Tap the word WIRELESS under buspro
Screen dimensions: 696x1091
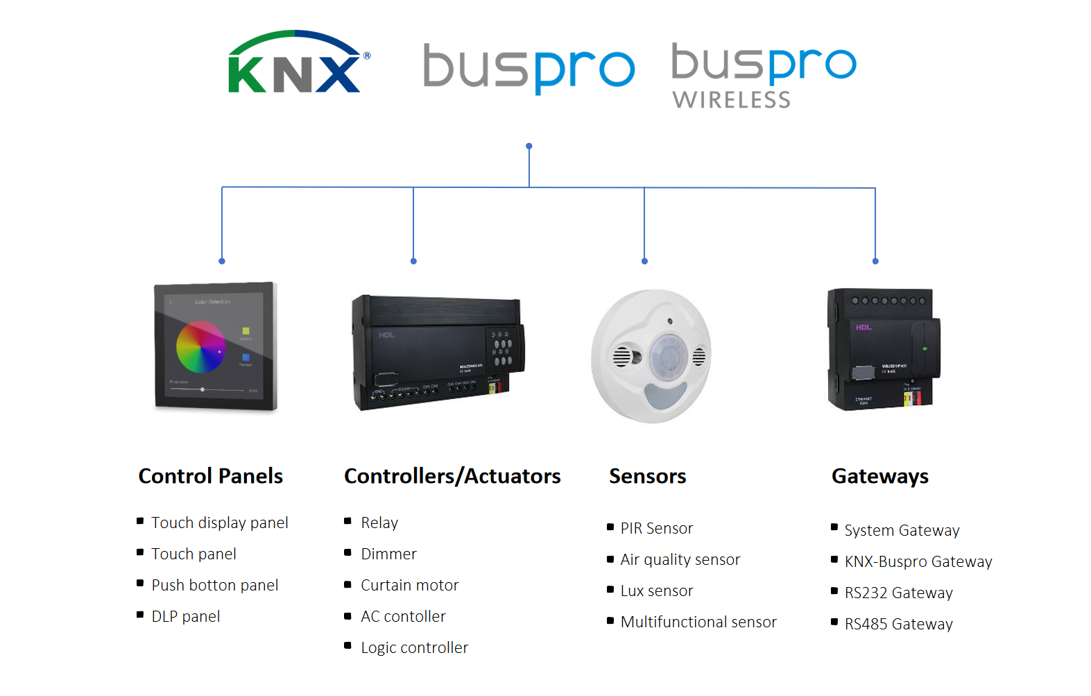click(x=731, y=100)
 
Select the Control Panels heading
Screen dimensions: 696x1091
click(x=210, y=476)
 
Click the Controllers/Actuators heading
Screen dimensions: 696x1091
click(x=452, y=476)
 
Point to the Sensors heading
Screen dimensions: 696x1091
click(x=647, y=476)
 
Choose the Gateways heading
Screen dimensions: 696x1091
click(x=879, y=476)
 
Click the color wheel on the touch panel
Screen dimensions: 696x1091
click(x=200, y=346)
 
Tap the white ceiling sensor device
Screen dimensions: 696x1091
click(x=651, y=356)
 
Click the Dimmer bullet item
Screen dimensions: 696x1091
click(x=388, y=554)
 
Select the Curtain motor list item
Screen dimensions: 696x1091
click(x=409, y=585)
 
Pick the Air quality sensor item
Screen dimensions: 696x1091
click(x=680, y=559)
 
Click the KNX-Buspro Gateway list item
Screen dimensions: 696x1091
click(x=918, y=561)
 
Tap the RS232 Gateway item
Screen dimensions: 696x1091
click(x=898, y=593)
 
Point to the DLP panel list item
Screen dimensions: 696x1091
click(x=185, y=616)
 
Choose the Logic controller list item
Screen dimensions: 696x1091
click(x=414, y=647)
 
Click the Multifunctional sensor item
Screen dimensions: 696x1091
click(x=698, y=622)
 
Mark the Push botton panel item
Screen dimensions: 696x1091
click(x=214, y=585)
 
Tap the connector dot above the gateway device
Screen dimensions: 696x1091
click(x=875, y=261)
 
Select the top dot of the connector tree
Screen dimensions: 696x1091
click(x=529, y=146)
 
